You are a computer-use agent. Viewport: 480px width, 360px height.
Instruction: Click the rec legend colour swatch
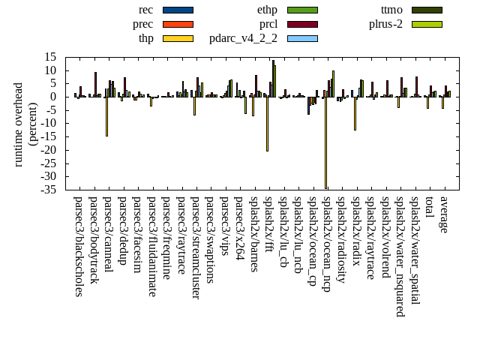point(178,10)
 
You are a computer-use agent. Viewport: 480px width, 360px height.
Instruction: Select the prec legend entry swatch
point(178,24)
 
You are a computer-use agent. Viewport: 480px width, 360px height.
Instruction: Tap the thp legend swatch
point(178,38)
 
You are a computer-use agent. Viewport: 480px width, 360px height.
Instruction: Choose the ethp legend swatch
point(302,10)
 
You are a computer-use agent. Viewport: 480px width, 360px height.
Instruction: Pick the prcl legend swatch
point(302,24)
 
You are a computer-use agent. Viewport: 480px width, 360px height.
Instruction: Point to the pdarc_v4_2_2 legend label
point(243,38)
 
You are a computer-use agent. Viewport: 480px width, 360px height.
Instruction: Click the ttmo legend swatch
point(426,10)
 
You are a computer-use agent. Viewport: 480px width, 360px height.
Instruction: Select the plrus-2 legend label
point(385,24)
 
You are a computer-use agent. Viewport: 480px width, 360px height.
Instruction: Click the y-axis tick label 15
point(51,57)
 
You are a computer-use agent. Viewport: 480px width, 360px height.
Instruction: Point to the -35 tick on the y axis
point(49,190)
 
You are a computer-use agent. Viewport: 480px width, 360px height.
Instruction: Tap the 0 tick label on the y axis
point(54,97)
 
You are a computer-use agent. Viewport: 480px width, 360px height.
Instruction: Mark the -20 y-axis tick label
point(49,150)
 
